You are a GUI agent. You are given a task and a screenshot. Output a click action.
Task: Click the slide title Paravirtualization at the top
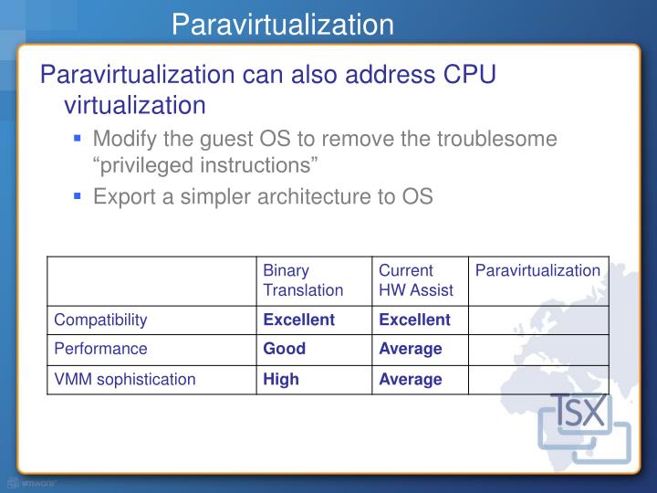click(x=283, y=24)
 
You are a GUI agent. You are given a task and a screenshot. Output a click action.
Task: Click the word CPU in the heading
click(x=463, y=76)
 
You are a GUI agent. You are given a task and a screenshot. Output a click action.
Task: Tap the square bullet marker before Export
click(x=79, y=196)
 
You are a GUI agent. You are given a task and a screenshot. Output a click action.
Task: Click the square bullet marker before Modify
click(x=79, y=140)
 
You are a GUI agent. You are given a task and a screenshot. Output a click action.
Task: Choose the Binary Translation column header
click(x=303, y=280)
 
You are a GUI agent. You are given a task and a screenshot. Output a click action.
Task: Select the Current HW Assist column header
click(x=410, y=280)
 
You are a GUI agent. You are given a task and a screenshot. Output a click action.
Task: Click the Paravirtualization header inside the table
click(x=537, y=271)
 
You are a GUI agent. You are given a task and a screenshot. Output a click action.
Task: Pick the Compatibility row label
click(x=100, y=320)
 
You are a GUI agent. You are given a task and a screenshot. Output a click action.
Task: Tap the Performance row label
click(x=100, y=349)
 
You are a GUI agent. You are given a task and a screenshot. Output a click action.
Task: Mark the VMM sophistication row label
click(x=125, y=379)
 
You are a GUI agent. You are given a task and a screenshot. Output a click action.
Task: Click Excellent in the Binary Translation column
click(x=298, y=320)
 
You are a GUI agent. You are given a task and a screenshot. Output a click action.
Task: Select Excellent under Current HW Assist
click(x=414, y=320)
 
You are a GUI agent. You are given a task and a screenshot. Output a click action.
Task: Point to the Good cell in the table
click(x=284, y=349)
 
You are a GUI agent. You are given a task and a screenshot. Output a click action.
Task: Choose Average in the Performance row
click(x=410, y=349)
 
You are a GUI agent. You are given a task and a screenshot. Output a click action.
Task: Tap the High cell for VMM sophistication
click(x=281, y=379)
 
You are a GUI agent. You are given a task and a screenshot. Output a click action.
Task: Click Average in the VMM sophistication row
click(x=410, y=379)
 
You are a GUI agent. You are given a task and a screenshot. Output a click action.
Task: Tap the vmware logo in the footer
click(x=34, y=483)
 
